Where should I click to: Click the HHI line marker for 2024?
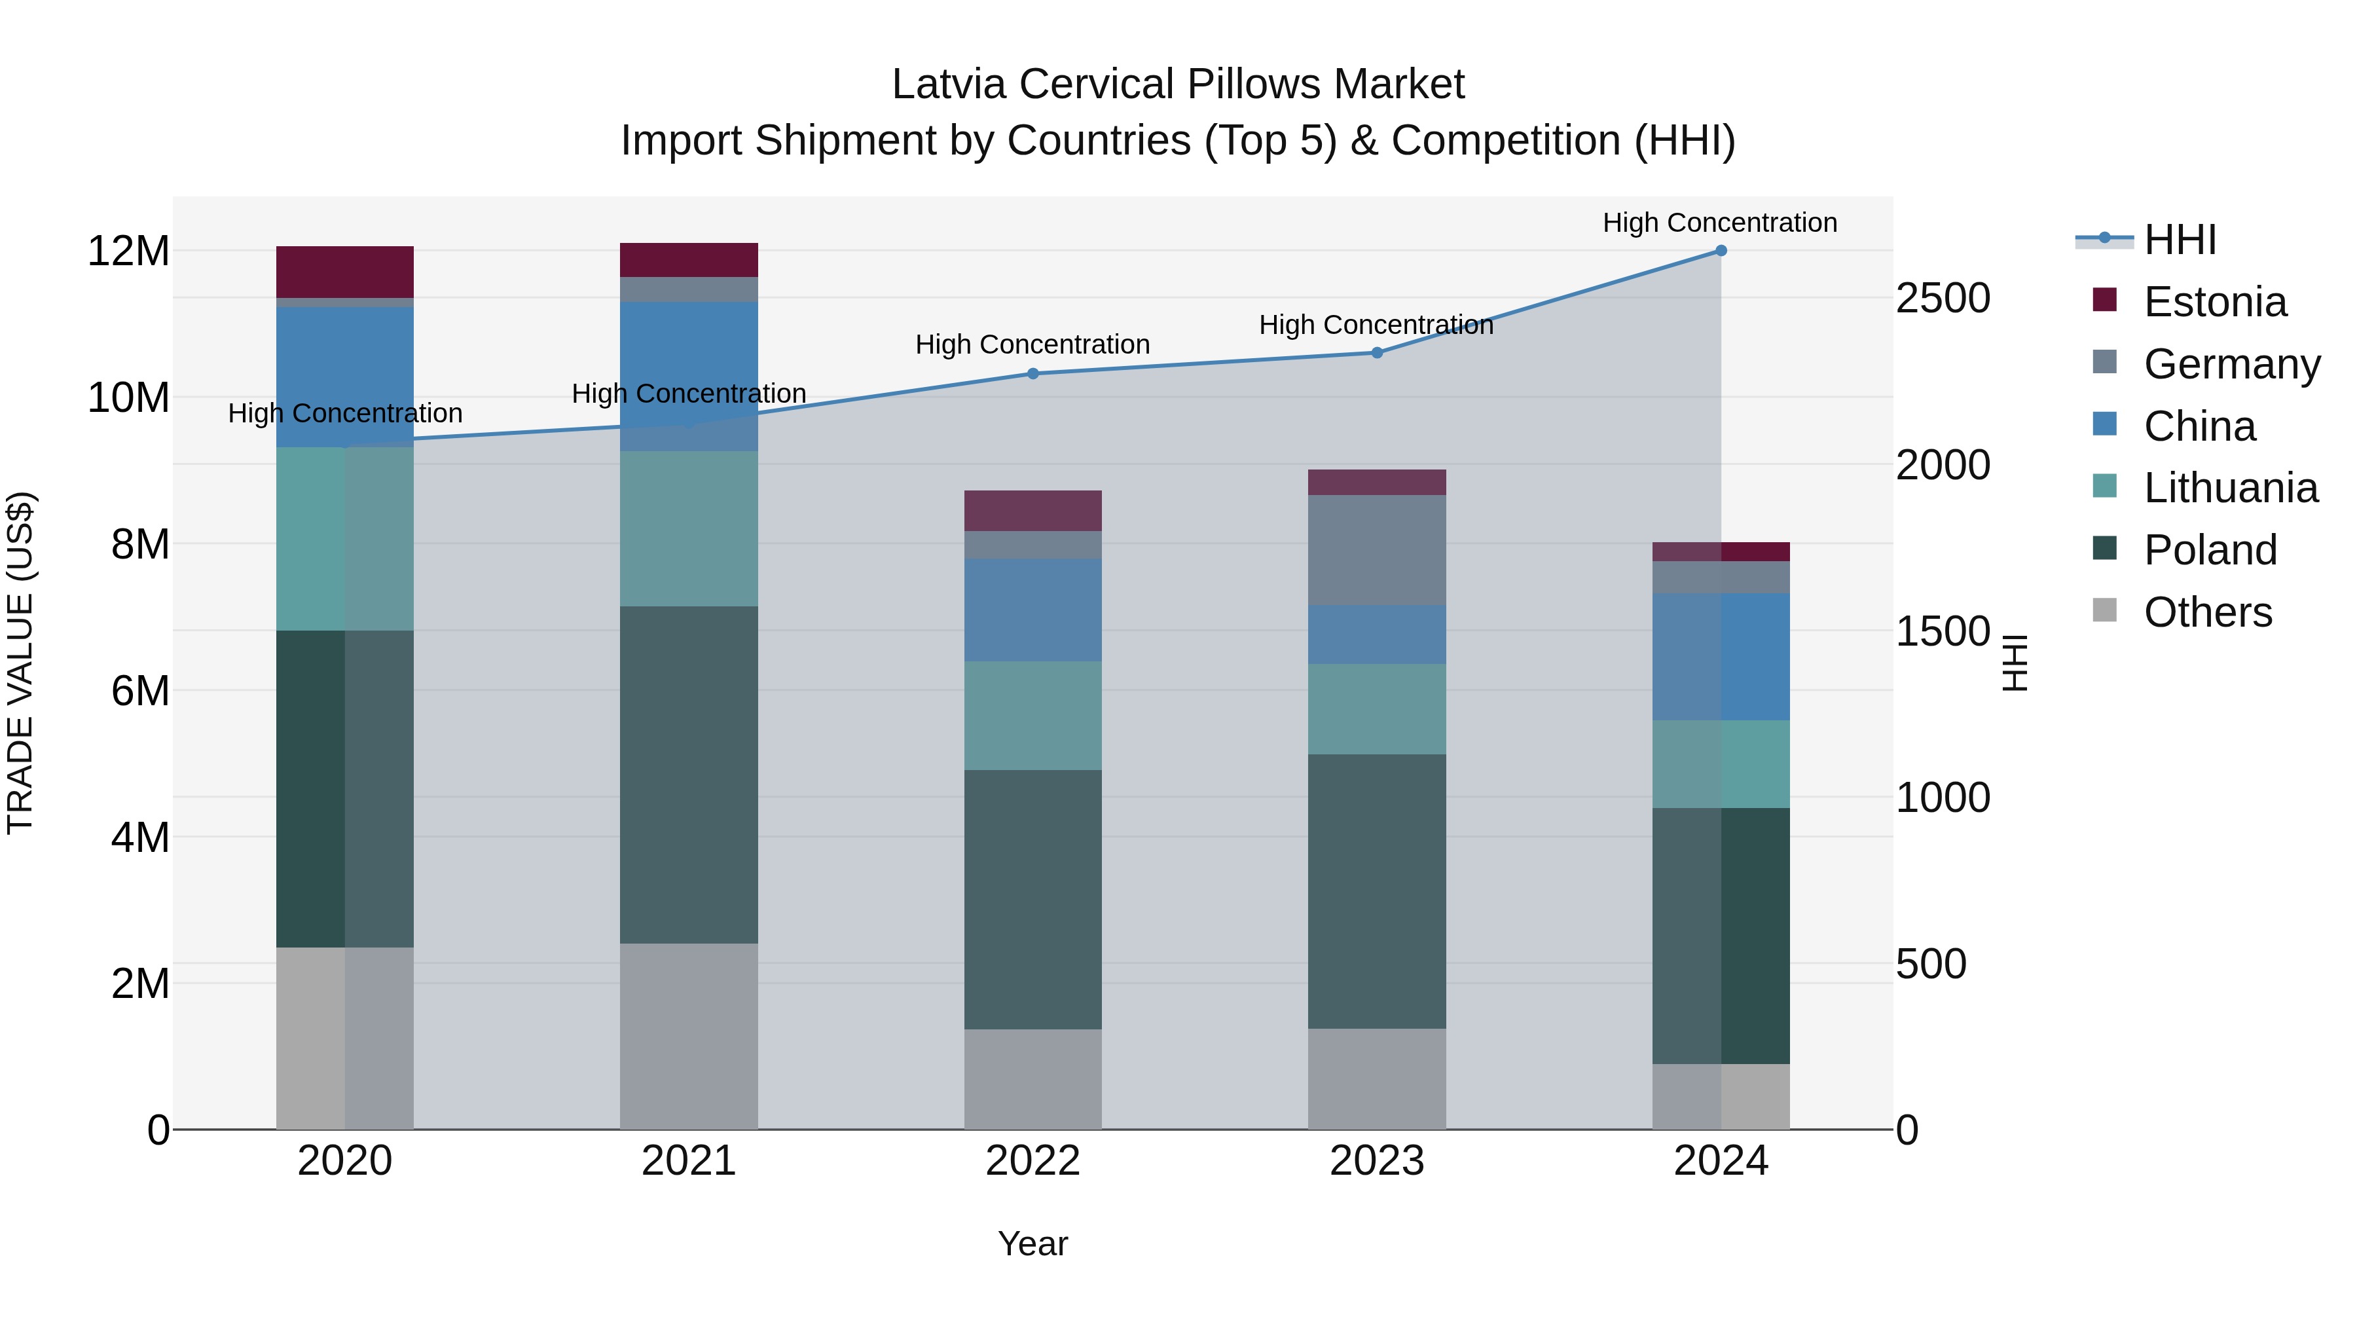[x=1720, y=251]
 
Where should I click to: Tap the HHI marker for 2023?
[x=1377, y=352]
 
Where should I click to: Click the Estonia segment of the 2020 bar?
[x=345, y=272]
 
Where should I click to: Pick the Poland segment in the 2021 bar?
[x=689, y=774]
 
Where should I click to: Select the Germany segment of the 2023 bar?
[x=1377, y=549]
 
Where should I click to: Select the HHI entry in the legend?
[x=2178, y=240]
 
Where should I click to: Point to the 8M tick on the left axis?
[x=140, y=545]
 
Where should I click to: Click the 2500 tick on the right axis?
[x=1943, y=299]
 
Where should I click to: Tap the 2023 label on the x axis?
[x=1377, y=1161]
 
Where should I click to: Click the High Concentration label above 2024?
[x=1719, y=223]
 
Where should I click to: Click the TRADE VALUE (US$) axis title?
[x=21, y=663]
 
